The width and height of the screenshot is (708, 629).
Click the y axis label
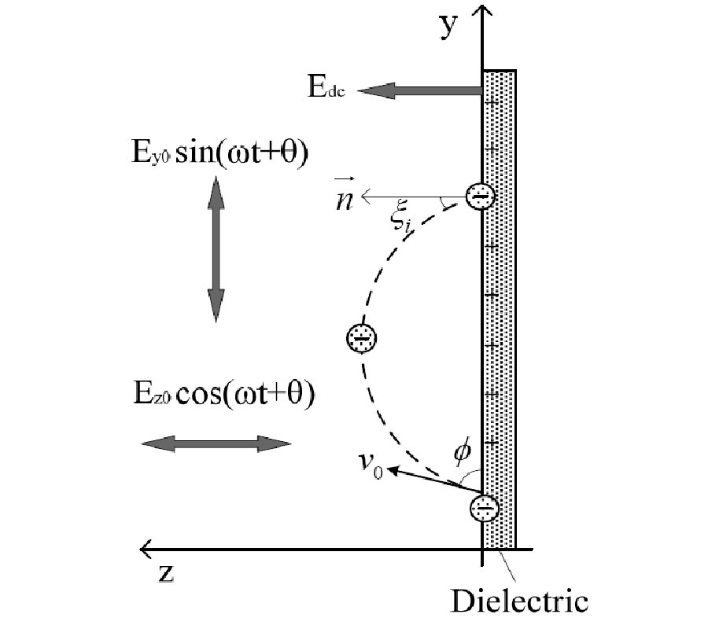pos(448,27)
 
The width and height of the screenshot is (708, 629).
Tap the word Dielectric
pos(519,601)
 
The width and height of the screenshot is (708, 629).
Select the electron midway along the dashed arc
pos(362,339)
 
